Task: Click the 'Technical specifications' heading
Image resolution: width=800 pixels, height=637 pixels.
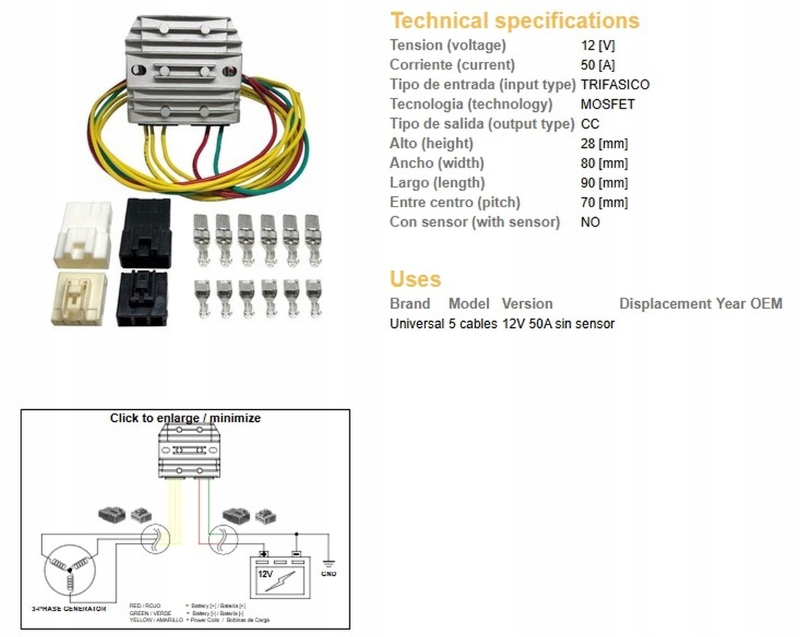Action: pyautogui.click(x=515, y=21)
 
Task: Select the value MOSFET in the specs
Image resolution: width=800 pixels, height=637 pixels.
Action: pyautogui.click(x=607, y=104)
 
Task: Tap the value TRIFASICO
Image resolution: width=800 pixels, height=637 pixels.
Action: pyautogui.click(x=615, y=85)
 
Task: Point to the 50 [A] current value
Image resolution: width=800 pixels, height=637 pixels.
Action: pyautogui.click(x=598, y=65)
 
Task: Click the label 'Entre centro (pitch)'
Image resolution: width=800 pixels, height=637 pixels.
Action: pyautogui.click(x=455, y=202)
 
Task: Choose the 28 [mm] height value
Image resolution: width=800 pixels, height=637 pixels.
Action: pyautogui.click(x=604, y=143)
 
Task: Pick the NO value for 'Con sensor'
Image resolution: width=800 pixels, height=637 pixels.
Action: pyautogui.click(x=590, y=222)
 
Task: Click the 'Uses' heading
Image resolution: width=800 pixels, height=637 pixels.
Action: pyautogui.click(x=415, y=279)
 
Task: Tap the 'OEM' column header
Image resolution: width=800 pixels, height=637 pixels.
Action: pyautogui.click(x=766, y=304)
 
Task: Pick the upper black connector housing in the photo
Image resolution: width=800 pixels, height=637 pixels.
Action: pyautogui.click(x=145, y=233)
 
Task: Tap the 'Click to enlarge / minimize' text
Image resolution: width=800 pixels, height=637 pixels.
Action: pyautogui.click(x=185, y=418)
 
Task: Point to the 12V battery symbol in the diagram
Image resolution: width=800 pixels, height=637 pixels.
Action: pyautogui.click(x=279, y=574)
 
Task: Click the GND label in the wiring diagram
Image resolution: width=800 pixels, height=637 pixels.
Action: pyautogui.click(x=329, y=573)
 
